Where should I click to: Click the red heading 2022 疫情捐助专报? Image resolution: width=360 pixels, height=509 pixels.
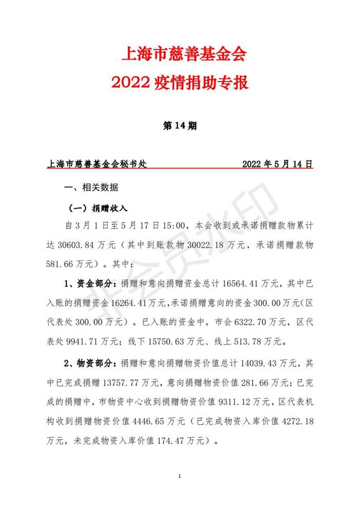coord(180,82)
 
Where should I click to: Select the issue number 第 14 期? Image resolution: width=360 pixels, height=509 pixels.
coord(180,126)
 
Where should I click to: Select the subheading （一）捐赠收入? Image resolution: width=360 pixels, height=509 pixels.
coord(98,209)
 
